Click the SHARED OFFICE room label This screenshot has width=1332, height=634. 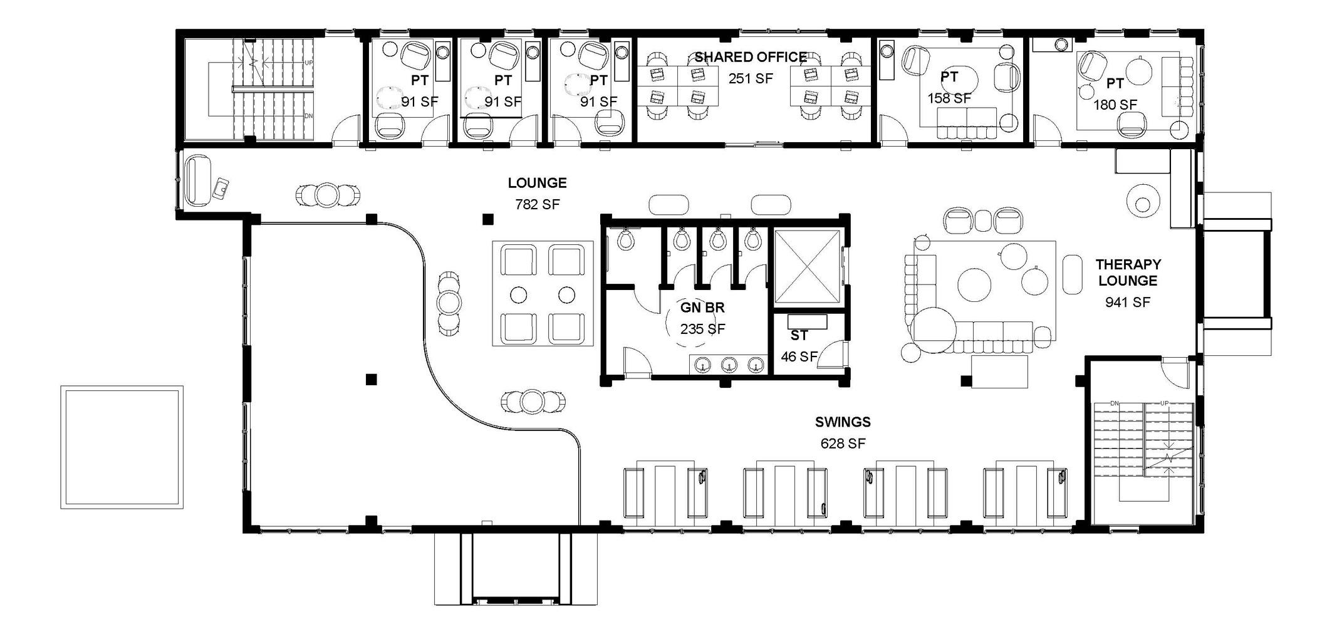750,58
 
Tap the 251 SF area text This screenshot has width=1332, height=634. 751,78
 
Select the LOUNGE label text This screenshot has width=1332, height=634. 537,183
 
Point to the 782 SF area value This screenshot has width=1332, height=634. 537,204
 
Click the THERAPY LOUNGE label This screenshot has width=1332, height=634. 1128,273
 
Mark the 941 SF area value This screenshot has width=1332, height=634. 1128,303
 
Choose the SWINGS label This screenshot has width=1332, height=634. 843,422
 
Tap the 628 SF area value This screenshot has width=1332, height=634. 843,444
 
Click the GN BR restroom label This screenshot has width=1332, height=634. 702,308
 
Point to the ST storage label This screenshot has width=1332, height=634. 799,336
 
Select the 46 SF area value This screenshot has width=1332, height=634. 799,356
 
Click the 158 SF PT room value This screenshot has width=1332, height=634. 949,98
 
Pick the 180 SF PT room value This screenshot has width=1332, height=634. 1115,105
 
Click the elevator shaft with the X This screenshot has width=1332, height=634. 807,266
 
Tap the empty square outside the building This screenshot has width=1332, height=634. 122,447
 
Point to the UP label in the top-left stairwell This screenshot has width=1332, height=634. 308,63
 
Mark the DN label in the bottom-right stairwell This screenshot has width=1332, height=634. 1114,403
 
